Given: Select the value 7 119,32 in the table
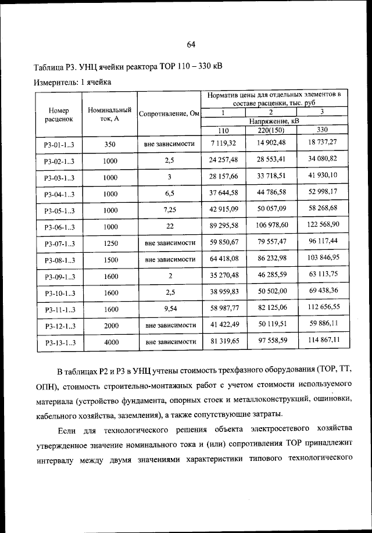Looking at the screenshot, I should click(x=224, y=142).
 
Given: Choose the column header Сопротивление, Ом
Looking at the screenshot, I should click(x=169, y=114).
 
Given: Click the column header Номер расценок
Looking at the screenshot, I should click(x=59, y=114).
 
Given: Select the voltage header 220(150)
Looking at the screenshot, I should click(x=271, y=130).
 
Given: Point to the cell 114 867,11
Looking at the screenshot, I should click(x=320, y=339).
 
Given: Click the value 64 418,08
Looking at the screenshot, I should click(x=224, y=257).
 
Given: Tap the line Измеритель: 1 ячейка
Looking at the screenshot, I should click(x=72, y=82).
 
